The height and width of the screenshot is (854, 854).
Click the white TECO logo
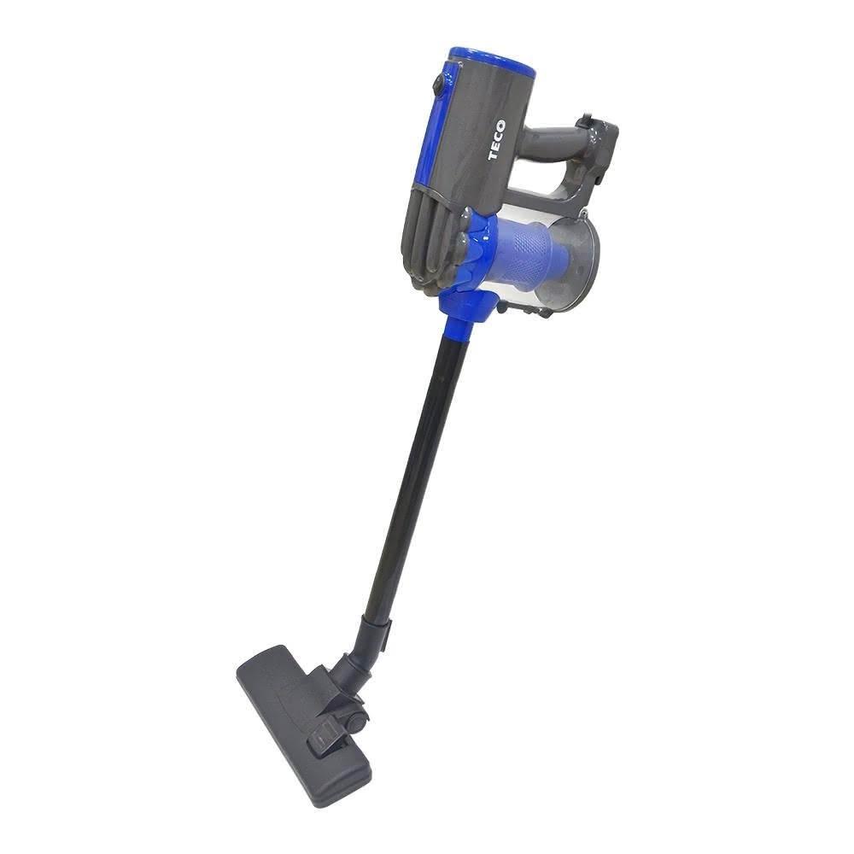point(497,141)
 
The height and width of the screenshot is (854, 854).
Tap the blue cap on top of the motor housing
point(491,61)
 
